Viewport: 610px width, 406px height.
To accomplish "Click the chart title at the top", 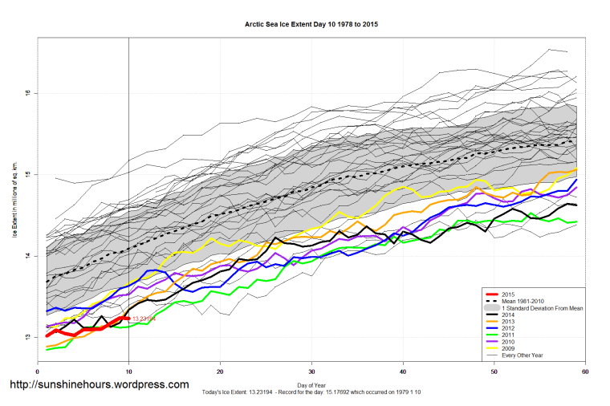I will click(x=311, y=25).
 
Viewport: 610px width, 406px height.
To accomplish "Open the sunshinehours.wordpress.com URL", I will click(x=98, y=385).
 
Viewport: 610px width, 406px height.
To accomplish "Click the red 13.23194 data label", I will click(x=144, y=319).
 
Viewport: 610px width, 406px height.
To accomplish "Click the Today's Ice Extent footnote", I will click(x=311, y=395).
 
